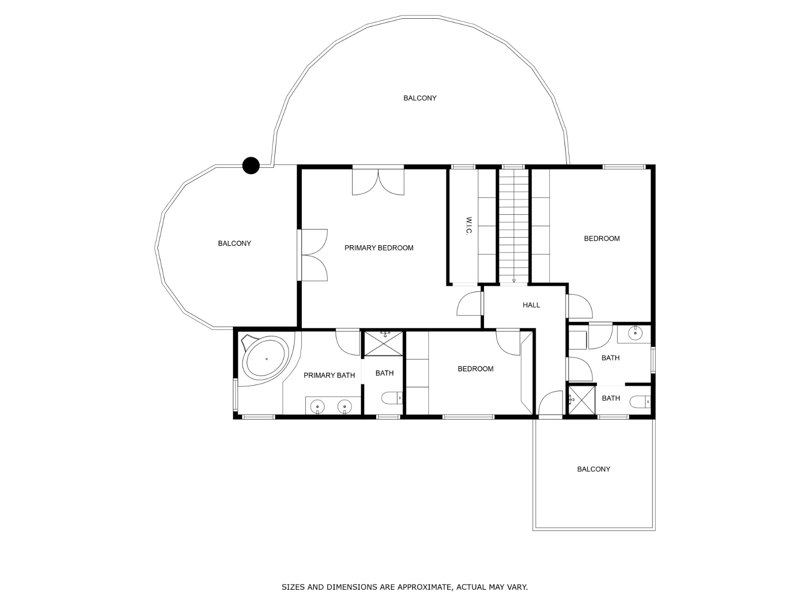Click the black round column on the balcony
251,165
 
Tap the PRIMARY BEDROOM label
379,248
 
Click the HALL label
531,305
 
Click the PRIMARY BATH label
329,375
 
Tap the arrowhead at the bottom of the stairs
514,281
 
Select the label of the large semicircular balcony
420,98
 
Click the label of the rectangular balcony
593,469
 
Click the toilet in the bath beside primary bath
392,398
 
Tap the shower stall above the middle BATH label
384,344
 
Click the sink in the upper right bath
635,333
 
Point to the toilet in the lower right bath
640,402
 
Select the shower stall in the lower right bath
582,400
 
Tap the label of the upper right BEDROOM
601,239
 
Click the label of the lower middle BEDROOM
475,369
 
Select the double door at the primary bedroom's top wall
378,181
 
